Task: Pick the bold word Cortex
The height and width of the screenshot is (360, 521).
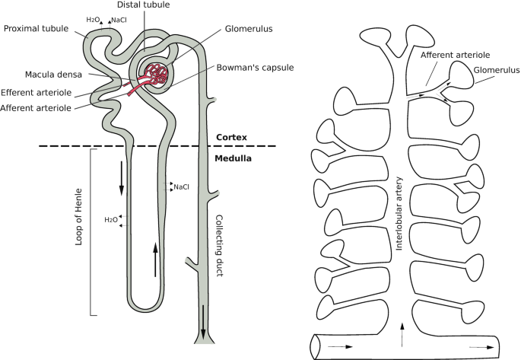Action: (230, 137)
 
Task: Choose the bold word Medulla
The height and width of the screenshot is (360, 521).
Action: (233, 160)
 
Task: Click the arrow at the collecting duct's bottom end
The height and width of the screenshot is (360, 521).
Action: (204, 330)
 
